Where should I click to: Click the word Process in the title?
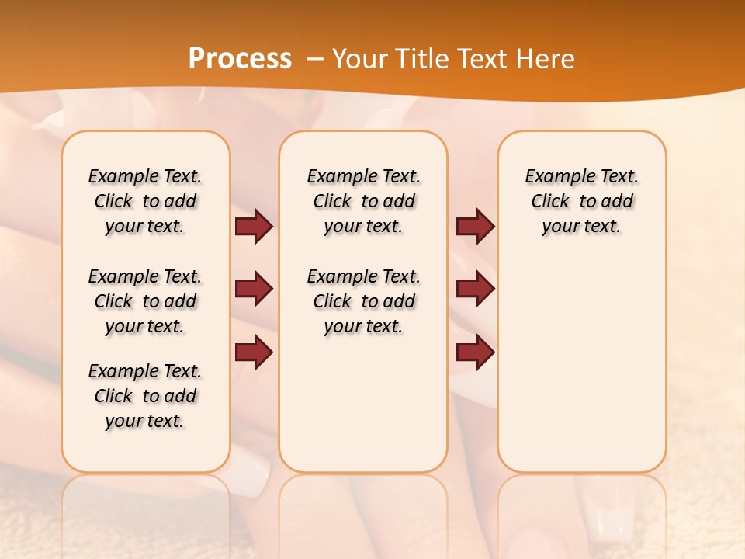240,59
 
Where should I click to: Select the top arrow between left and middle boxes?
254,227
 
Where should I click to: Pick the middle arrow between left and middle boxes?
254,289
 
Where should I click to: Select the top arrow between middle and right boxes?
475,227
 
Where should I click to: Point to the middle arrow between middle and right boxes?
475,289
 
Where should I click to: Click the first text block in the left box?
145,201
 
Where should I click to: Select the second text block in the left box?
145,301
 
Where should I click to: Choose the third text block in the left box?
145,396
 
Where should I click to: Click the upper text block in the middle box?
364,201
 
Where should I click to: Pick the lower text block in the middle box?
364,301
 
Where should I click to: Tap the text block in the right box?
582,201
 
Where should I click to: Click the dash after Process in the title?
316,59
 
